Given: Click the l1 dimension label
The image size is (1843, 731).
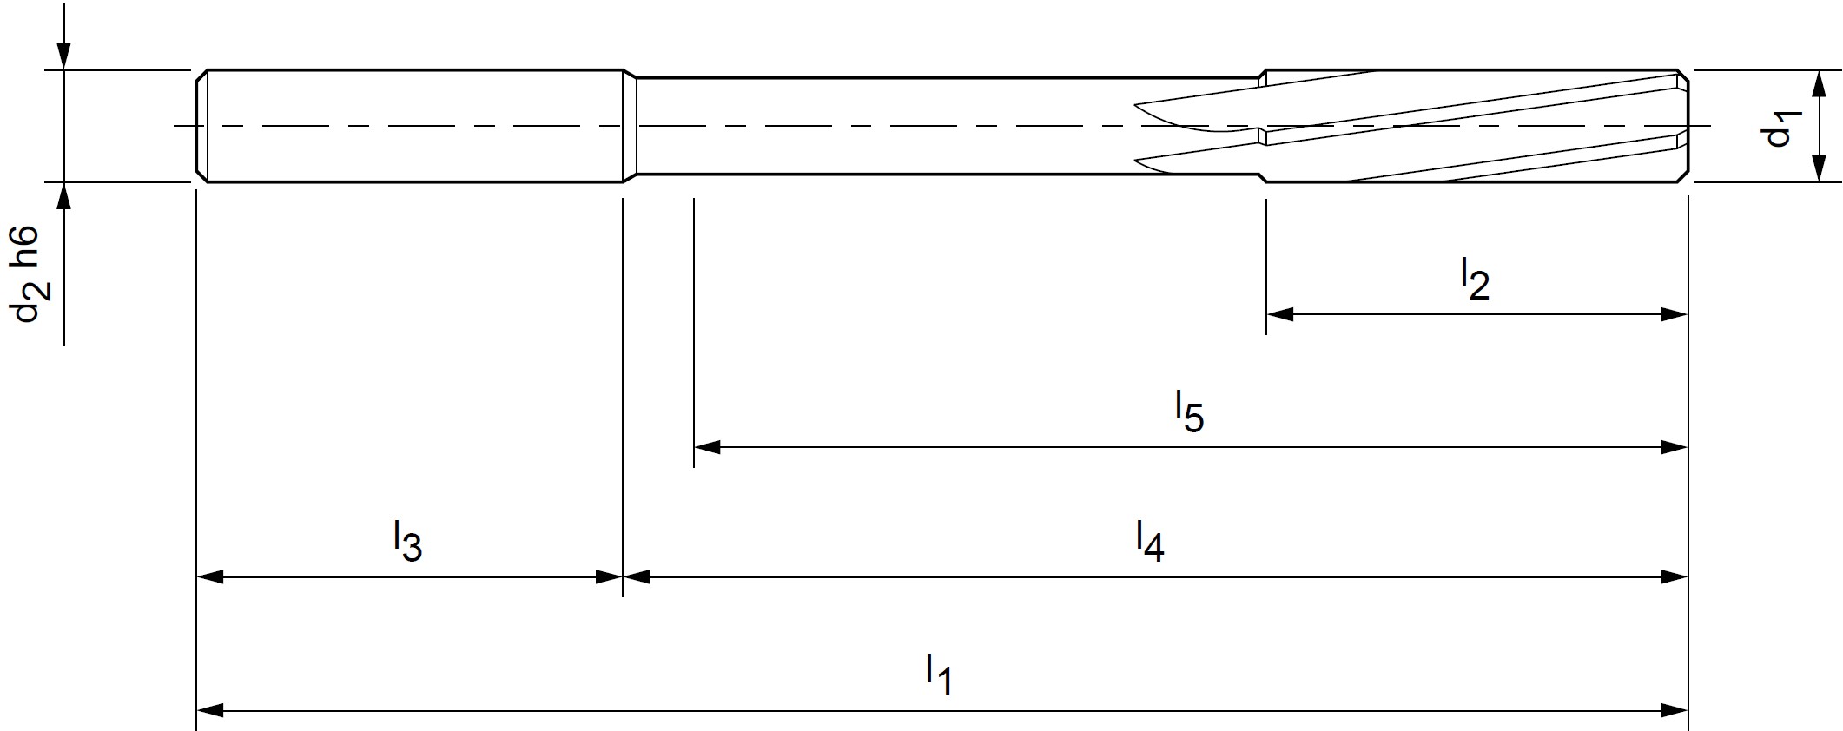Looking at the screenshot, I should pyautogui.click(x=939, y=675).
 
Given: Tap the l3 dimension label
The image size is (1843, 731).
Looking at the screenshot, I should pyautogui.click(x=407, y=541).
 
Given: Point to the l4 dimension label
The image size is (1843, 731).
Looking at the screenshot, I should pyautogui.click(x=1149, y=541).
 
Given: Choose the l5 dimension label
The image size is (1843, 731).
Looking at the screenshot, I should pyautogui.click(x=1189, y=412).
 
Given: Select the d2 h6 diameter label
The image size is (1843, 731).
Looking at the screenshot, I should pyautogui.click(x=29, y=273).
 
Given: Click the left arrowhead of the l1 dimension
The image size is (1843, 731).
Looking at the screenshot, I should pyautogui.click(x=209, y=711).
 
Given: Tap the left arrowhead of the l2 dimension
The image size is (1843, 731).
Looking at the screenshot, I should pyautogui.click(x=1279, y=314).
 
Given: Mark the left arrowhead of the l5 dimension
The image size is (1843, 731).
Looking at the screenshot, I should pyautogui.click(x=707, y=447).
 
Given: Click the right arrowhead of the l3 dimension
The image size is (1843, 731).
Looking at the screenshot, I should pyautogui.click(x=610, y=576).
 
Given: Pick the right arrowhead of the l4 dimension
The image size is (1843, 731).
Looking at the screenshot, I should pyautogui.click(x=1674, y=576).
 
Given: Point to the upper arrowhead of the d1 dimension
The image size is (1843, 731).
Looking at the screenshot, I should pyautogui.click(x=1817, y=82).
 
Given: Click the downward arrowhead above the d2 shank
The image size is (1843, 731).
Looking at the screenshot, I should pyautogui.click(x=63, y=56).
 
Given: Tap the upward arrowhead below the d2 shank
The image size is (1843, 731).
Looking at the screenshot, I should pyautogui.click(x=63, y=196).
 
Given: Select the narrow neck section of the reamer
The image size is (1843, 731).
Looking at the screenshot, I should pyautogui.click(x=947, y=127).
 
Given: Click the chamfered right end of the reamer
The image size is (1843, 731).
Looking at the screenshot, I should pyautogui.click(x=1682, y=127).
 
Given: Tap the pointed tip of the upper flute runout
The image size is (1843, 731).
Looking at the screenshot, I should pyautogui.click(x=1136, y=107).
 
